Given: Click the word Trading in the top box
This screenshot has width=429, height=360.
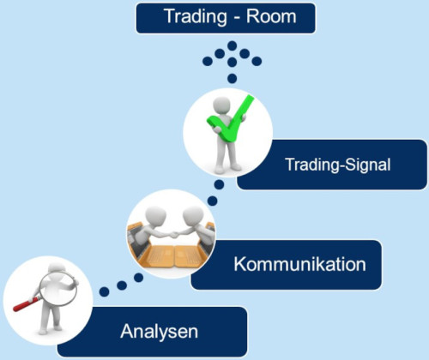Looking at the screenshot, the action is (x=196, y=17).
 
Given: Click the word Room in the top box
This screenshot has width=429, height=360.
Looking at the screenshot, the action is (x=271, y=16).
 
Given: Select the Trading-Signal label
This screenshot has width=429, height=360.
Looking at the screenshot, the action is (x=338, y=165).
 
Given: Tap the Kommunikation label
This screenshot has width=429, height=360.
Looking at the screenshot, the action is (x=299, y=264).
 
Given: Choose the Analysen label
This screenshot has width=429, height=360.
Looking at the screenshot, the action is (x=160, y=332).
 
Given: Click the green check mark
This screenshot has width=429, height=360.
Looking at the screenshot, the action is (x=231, y=119).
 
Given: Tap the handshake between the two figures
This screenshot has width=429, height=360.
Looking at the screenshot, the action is (x=173, y=235).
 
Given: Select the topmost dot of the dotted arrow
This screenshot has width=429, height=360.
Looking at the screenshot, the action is (x=233, y=45).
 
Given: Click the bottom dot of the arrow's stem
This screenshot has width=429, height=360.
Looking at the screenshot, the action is (x=233, y=78).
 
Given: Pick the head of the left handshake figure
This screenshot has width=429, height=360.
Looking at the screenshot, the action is (x=156, y=216).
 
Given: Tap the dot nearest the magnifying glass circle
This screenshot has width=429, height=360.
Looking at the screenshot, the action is (x=105, y=291).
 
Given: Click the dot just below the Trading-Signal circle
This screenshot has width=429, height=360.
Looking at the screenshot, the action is (x=219, y=184).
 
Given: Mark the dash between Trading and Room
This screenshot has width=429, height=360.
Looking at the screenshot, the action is (x=237, y=18).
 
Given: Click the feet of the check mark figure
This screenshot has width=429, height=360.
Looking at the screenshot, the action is (x=227, y=169).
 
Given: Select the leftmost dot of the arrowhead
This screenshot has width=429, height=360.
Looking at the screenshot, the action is (x=208, y=61).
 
